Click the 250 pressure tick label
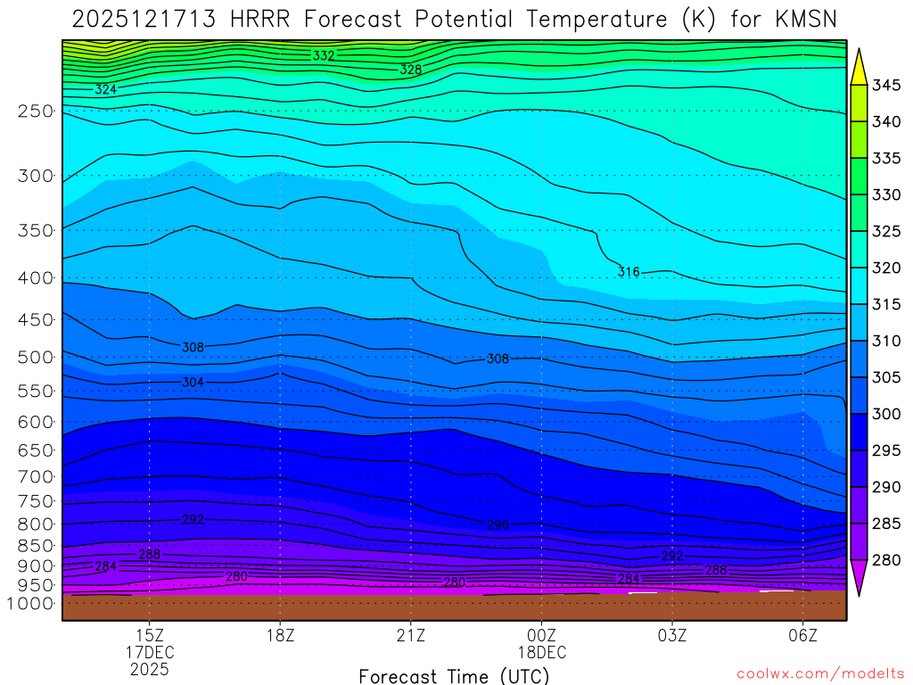click(x=35, y=111)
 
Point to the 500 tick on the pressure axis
click(x=35, y=358)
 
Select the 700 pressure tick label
click(x=35, y=477)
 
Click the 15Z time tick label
click(x=149, y=635)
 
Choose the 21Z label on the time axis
click(x=410, y=635)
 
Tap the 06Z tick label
click(x=803, y=635)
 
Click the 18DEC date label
click(x=541, y=652)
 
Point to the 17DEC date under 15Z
click(x=149, y=652)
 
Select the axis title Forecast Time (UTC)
click(x=455, y=675)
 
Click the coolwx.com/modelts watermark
click(x=820, y=674)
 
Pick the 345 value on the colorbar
click(x=886, y=86)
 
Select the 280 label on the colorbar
click(x=886, y=560)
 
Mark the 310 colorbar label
click(x=886, y=341)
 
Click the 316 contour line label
click(x=629, y=272)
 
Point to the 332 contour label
click(x=324, y=56)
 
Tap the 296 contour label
click(x=498, y=524)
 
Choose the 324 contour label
click(x=105, y=90)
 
